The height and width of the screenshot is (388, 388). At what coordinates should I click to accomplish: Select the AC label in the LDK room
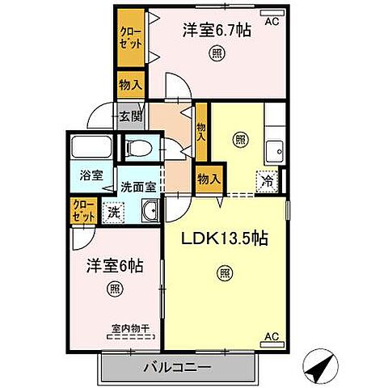pyautogui.click(x=271, y=335)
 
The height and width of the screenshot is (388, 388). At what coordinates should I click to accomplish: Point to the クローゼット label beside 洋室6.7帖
pyautogui.click(x=130, y=40)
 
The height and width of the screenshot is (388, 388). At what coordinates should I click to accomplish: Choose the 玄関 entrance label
pyautogui.click(x=130, y=116)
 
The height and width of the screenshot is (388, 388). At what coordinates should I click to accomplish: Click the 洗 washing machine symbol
pyautogui.click(x=112, y=212)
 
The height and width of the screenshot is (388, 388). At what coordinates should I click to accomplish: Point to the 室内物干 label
pyautogui.click(x=131, y=327)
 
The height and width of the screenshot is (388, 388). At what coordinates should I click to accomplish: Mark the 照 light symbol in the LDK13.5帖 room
pyautogui.click(x=223, y=273)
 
